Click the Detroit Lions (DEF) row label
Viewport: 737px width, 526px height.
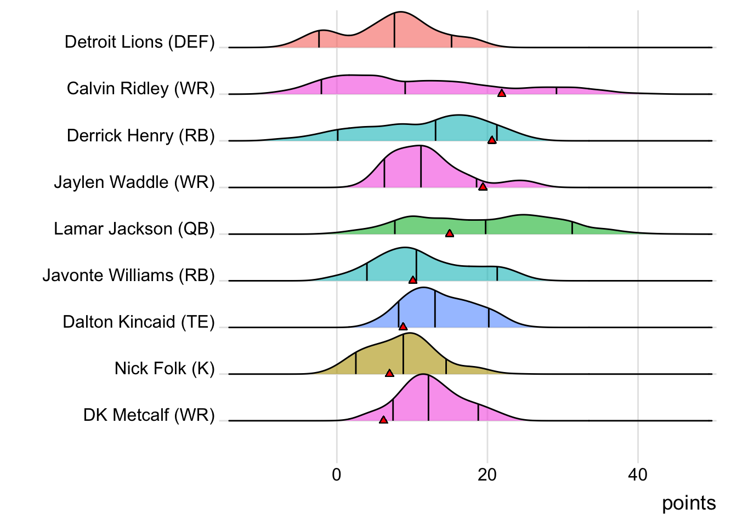coord(139,42)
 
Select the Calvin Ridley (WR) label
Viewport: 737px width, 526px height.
coord(140,89)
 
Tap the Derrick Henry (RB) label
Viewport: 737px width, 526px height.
coord(140,135)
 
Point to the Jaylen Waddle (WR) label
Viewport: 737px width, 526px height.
coord(134,182)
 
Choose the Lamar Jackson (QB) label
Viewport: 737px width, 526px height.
coord(134,228)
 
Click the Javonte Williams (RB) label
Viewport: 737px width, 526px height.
coord(128,275)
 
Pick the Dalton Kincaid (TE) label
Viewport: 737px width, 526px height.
coord(138,322)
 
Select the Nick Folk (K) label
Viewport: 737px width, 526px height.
coord(164,368)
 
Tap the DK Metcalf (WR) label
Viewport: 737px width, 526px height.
coord(149,415)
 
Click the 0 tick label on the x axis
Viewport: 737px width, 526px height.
coord(337,474)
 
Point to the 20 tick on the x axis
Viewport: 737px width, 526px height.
coord(487,474)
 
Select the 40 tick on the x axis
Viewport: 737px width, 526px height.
coord(638,474)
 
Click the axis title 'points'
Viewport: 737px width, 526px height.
coord(689,503)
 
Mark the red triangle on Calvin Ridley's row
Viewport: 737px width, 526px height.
coord(501,94)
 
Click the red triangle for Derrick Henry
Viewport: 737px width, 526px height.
coord(492,140)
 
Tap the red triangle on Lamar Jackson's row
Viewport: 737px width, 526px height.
coord(450,233)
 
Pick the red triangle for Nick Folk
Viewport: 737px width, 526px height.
coord(389,373)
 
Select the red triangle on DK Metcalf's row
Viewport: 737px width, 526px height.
coord(383,420)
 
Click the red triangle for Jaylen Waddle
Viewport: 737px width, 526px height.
coord(483,187)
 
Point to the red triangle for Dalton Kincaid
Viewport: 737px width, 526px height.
coord(403,327)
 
